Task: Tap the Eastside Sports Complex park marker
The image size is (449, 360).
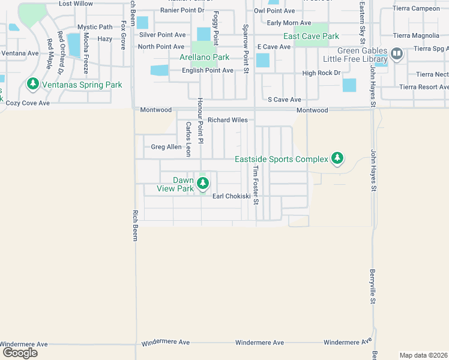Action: point(338,158)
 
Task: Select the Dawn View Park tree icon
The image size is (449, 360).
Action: point(202,182)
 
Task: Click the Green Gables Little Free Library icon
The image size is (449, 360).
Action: point(396,55)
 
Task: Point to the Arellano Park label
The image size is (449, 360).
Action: point(204,58)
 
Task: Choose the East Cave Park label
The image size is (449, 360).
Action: point(311,36)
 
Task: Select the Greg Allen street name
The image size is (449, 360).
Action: point(166,147)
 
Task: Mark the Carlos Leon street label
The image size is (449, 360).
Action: point(188,139)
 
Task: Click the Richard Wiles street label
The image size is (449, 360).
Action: point(228,120)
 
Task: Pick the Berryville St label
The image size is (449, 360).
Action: point(373,287)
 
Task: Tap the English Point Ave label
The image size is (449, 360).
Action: point(208,70)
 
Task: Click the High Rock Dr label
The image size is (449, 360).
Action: point(321,73)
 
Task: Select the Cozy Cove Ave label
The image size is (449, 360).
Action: point(28,103)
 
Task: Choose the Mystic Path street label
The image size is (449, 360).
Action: point(95,27)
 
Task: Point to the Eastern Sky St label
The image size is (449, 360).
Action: point(361,17)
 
